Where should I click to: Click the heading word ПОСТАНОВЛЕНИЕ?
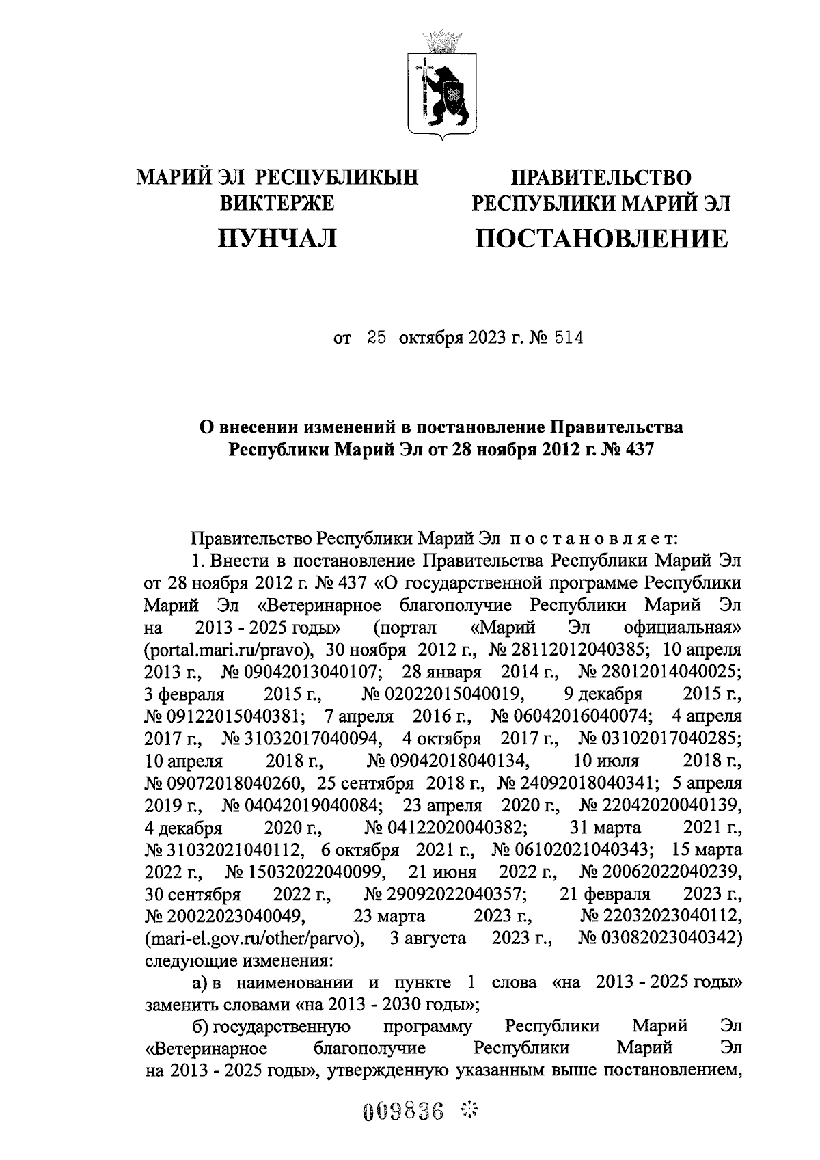point(601,239)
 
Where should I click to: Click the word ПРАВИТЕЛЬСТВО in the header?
point(601,178)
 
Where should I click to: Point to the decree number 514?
point(569,338)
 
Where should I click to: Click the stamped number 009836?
point(402,1111)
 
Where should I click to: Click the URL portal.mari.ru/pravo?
point(230,649)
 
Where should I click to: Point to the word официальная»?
point(683,628)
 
